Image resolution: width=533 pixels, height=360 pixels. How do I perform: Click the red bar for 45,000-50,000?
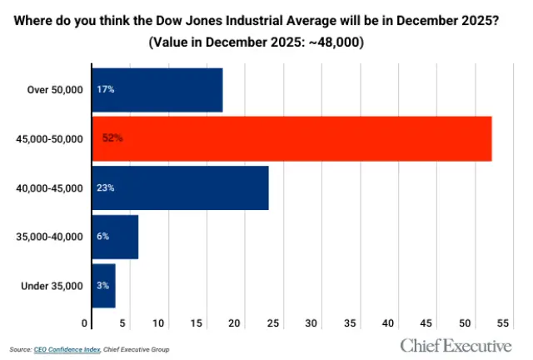tap(291, 138)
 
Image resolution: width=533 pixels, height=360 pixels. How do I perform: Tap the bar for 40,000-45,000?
tap(180, 187)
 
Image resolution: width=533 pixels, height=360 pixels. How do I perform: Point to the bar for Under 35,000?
tap(103, 286)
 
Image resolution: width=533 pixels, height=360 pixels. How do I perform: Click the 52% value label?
tap(112, 138)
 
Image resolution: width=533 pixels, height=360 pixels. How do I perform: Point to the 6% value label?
tap(102, 237)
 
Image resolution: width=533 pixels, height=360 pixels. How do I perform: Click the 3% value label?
tap(102, 286)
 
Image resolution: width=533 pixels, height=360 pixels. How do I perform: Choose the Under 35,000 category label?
tap(52, 286)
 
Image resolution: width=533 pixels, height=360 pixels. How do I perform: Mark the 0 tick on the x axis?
tap(84, 322)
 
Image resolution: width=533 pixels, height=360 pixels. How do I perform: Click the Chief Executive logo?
tap(456, 344)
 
